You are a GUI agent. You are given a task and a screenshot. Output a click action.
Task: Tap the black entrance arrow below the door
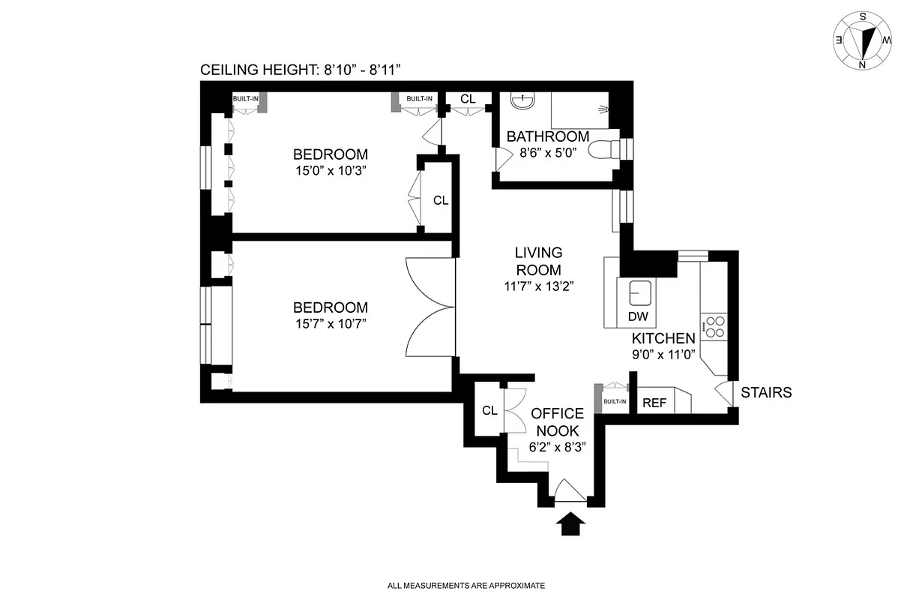click(x=571, y=523)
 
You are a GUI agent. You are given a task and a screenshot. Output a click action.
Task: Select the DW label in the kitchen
click(x=638, y=316)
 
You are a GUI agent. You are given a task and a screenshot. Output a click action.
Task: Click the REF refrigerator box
click(x=654, y=403)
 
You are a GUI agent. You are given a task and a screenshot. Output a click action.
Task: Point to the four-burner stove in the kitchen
click(x=716, y=326)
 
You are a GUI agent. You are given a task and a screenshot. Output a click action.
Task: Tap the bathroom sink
click(x=522, y=100)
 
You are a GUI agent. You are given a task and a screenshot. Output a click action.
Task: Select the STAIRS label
click(x=766, y=392)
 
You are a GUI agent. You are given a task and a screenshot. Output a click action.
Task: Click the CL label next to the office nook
click(x=489, y=410)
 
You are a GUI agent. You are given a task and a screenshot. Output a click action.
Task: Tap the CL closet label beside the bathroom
click(x=468, y=99)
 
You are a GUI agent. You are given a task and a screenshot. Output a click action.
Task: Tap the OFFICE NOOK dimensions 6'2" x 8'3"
click(x=557, y=445)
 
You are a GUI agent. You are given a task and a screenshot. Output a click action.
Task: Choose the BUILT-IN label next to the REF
click(x=615, y=401)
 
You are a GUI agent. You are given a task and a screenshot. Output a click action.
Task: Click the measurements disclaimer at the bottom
click(x=465, y=585)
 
